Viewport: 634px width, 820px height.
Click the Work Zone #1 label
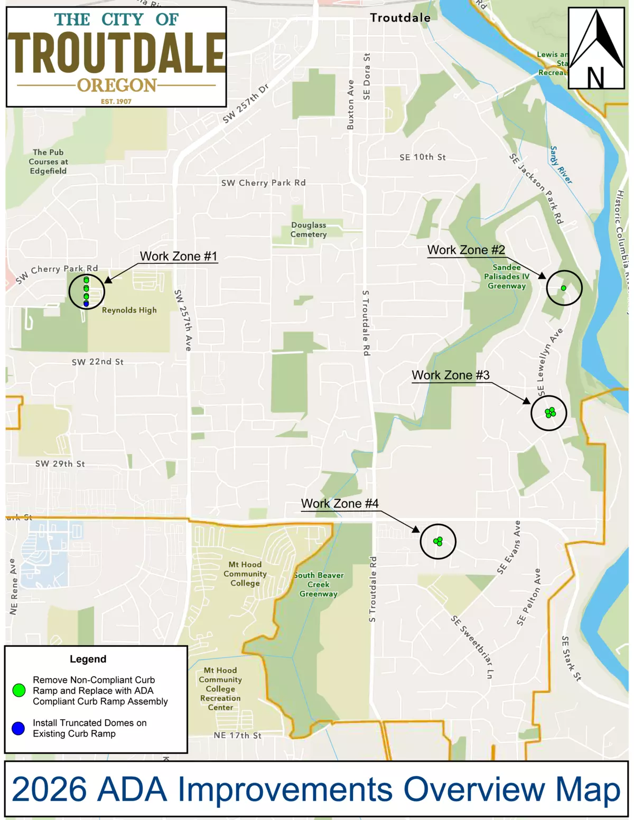(x=178, y=256)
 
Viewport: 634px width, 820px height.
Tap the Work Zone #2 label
(x=466, y=250)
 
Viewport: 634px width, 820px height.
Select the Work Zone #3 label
(x=451, y=375)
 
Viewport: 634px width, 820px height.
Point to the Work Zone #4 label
(x=340, y=503)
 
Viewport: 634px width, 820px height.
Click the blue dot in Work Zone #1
(x=86, y=304)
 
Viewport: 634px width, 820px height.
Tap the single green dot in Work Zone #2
(x=563, y=288)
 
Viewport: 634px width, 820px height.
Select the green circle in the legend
(x=19, y=690)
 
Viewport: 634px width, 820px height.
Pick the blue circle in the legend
(x=18, y=729)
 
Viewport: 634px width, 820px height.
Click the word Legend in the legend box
(x=88, y=659)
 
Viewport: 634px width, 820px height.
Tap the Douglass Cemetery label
(x=309, y=230)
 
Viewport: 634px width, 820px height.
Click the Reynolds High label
(x=129, y=310)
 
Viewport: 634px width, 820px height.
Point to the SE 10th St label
(x=422, y=157)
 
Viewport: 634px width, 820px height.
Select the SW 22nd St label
(x=97, y=362)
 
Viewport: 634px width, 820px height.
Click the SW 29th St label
(x=60, y=464)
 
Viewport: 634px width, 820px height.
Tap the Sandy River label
(x=561, y=165)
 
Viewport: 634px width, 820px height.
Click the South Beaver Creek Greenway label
(x=319, y=585)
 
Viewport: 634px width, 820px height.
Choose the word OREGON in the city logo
(x=117, y=85)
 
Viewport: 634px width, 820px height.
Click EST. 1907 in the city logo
(x=116, y=101)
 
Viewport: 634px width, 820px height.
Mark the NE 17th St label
(x=237, y=735)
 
